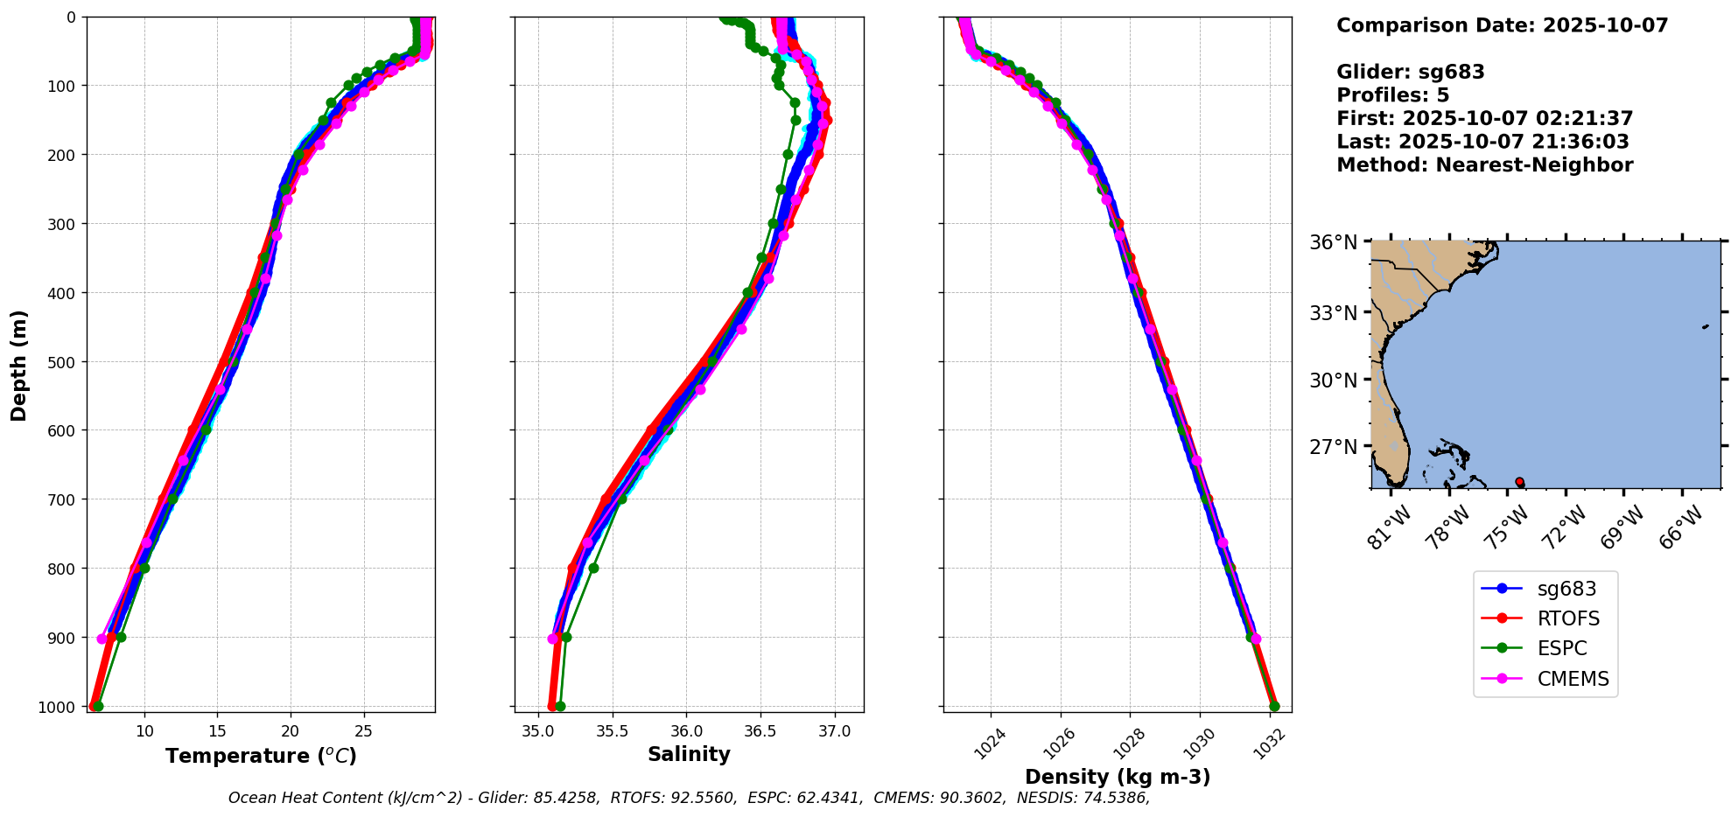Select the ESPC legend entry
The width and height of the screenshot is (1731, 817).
coord(1561,648)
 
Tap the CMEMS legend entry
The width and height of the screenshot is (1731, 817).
coord(1572,679)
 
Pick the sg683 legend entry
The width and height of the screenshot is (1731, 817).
coord(1566,589)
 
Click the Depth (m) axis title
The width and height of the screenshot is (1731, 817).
coord(18,365)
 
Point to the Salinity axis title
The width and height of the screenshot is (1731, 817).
coord(689,754)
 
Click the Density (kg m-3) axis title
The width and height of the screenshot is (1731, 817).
coord(1117,776)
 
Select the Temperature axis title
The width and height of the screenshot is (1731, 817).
coord(261,756)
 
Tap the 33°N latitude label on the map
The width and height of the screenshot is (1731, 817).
coord(1333,313)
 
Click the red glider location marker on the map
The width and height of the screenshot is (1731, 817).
coord(1519,482)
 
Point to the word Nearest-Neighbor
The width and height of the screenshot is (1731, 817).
coord(1534,165)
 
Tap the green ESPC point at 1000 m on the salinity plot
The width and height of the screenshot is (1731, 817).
coord(560,706)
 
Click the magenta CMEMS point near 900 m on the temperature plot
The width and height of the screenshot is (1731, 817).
coord(102,639)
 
